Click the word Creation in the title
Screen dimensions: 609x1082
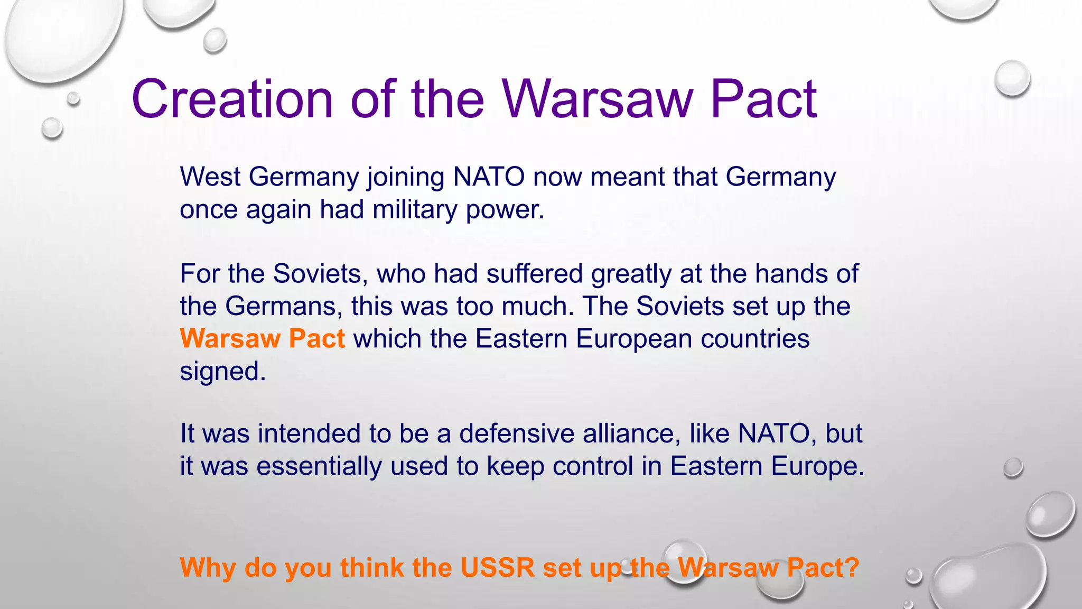(x=232, y=99)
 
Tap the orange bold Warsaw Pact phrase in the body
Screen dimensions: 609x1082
(x=262, y=339)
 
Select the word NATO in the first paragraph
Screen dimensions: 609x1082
(x=489, y=177)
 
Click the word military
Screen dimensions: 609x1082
(x=414, y=210)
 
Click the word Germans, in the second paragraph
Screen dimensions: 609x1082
(x=284, y=307)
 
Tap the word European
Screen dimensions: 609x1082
(x=633, y=339)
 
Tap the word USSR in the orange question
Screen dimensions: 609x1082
(x=497, y=568)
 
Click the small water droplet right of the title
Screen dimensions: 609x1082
(x=1012, y=78)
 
